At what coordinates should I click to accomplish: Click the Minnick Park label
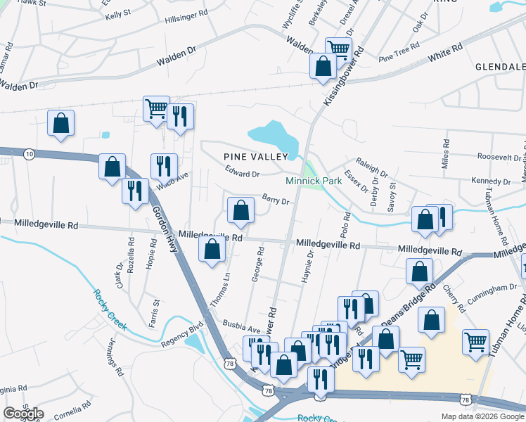[x=314, y=181]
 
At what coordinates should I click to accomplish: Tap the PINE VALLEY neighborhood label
[x=256, y=156]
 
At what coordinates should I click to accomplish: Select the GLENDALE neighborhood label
[x=501, y=67]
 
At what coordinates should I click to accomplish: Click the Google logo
[x=23, y=414]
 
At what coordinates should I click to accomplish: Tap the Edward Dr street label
[x=243, y=171]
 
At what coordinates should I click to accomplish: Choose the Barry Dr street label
[x=276, y=200]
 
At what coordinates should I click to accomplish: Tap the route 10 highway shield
[x=28, y=153]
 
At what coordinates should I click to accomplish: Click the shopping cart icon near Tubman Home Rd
[x=476, y=342]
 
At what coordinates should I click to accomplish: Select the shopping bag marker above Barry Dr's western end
[x=240, y=210]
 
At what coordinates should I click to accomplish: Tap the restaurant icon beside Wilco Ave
[x=164, y=167]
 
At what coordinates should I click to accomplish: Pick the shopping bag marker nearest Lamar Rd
[x=61, y=123]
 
